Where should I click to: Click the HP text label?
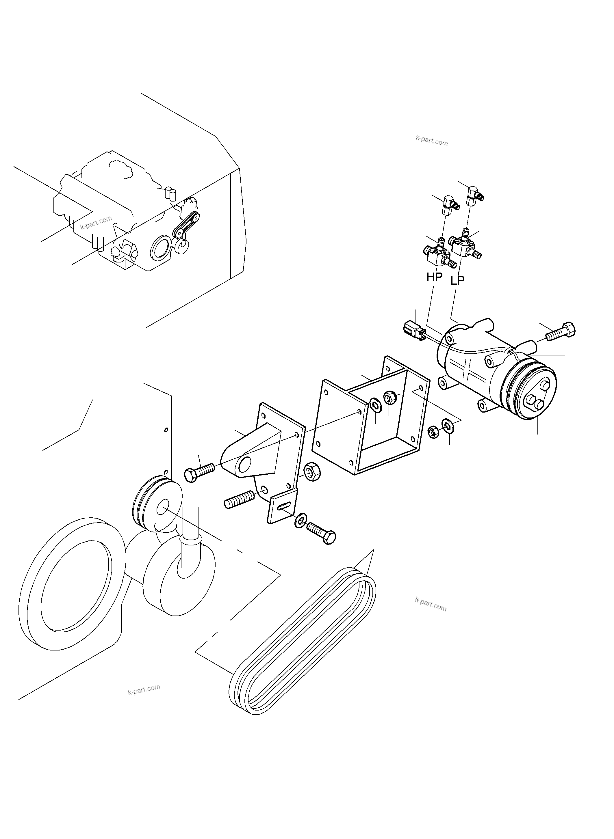[x=434, y=277]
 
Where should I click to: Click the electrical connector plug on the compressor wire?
[x=413, y=329]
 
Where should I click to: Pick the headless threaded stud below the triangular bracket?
[x=239, y=499]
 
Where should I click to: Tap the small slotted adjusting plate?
[x=283, y=506]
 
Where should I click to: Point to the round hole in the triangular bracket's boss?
[x=246, y=464]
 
